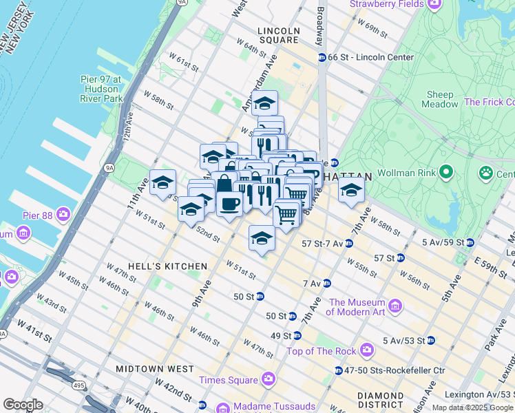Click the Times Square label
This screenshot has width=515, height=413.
click(x=228, y=379)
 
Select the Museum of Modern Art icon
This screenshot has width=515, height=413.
click(x=395, y=305)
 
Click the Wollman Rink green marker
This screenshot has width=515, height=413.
click(x=446, y=171)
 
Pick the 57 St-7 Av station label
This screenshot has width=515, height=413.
click(x=322, y=243)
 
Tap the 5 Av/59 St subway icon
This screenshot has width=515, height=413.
click(x=470, y=242)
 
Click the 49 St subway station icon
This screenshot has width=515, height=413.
click(x=297, y=335)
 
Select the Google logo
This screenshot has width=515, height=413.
click(x=23, y=405)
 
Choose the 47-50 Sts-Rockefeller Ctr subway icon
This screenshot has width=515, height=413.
click(x=338, y=370)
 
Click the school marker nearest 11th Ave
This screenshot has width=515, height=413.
click(x=162, y=182)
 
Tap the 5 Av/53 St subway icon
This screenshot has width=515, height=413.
click(x=430, y=340)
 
